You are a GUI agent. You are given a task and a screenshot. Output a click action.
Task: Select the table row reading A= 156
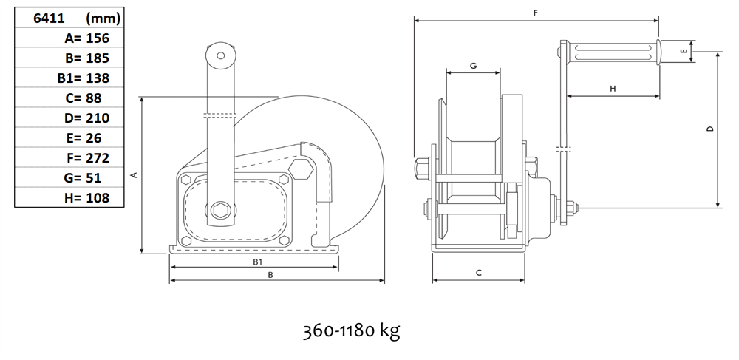[69, 38]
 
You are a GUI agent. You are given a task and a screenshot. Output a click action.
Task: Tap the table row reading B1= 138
[69, 78]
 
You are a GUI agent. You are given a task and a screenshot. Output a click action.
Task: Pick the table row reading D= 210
[69, 118]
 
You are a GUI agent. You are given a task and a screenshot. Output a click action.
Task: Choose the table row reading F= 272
[69, 157]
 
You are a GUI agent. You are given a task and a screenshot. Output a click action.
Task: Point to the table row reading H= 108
[69, 197]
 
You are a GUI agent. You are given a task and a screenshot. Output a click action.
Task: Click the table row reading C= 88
[69, 98]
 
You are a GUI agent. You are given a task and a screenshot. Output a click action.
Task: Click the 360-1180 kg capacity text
[351, 331]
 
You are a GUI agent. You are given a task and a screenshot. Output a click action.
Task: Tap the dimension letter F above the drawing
[535, 13]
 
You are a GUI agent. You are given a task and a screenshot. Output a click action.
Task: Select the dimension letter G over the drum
[473, 66]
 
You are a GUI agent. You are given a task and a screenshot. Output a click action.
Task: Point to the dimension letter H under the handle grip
[613, 89]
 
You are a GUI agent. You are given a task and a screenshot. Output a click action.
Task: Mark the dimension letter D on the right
[711, 129]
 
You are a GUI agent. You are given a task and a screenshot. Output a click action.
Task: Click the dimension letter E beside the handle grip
[684, 51]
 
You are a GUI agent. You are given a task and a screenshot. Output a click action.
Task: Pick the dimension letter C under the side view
[478, 273]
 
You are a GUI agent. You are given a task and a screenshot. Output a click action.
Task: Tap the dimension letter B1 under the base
[257, 262]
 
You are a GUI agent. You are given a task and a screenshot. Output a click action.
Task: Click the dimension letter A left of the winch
[134, 175]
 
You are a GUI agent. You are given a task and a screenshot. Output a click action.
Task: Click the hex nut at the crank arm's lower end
[220, 210]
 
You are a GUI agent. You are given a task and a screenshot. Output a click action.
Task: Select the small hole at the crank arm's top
[220, 55]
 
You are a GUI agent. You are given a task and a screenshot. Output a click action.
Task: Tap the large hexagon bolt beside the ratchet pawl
[301, 169]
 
